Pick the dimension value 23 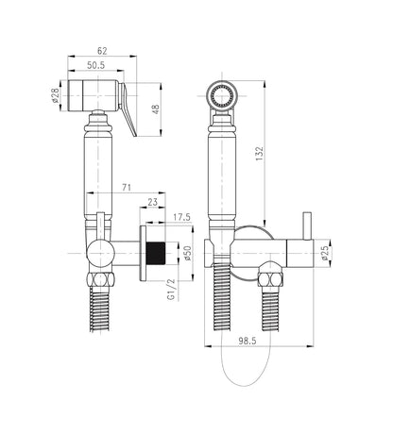click(x=152, y=201)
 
